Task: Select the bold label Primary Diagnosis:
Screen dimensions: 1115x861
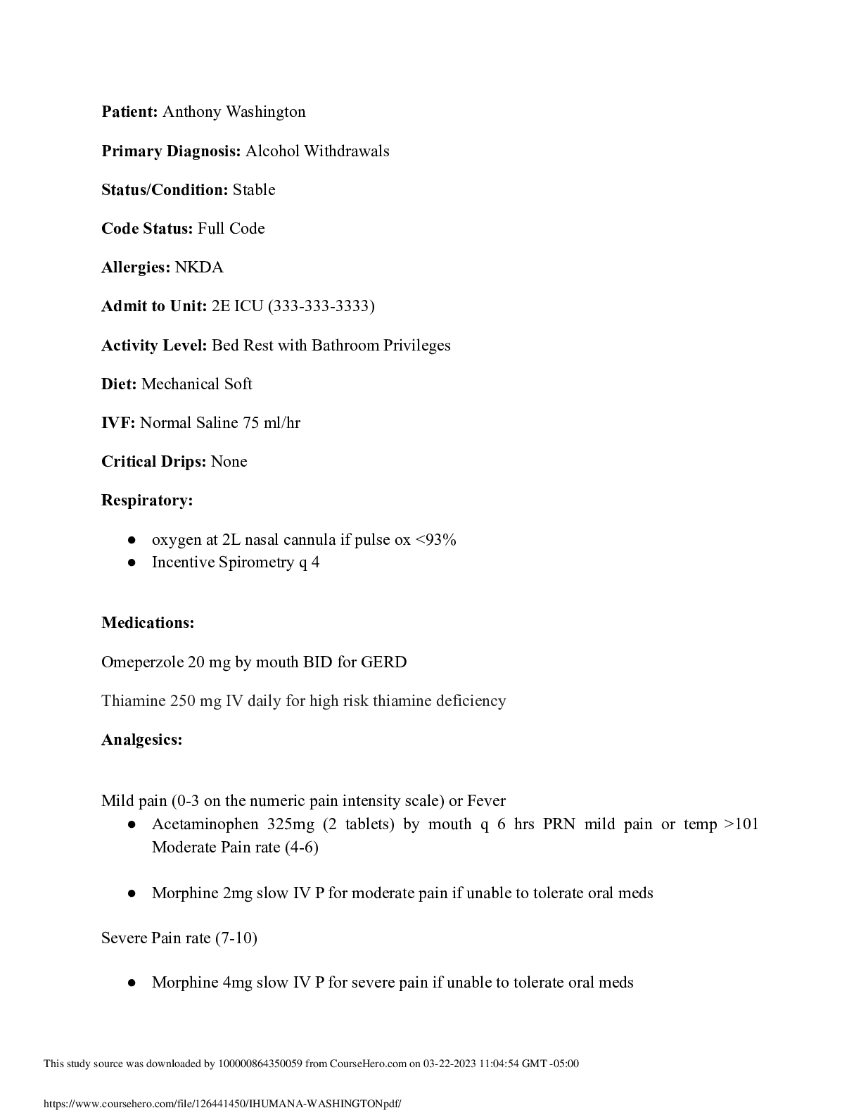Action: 171,151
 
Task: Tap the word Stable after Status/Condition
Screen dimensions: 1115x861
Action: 254,190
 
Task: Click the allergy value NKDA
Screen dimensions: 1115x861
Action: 199,267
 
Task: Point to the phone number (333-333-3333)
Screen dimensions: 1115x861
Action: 321,306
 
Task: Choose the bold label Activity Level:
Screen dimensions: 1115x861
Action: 154,346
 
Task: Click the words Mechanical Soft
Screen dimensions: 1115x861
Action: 196,384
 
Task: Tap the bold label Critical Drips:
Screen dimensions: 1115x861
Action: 154,462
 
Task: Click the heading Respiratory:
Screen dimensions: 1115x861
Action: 147,500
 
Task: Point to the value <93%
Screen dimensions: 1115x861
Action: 436,540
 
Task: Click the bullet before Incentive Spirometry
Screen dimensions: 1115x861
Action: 132,562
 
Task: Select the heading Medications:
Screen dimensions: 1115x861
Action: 148,623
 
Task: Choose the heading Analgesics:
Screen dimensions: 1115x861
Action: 142,740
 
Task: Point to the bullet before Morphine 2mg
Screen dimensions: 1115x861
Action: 132,893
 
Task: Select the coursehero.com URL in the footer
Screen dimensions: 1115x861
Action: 222,1104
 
